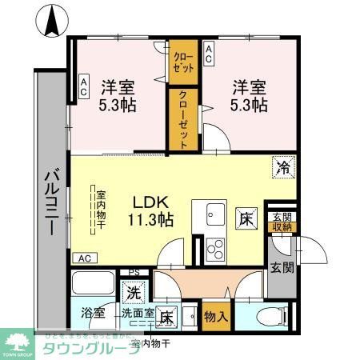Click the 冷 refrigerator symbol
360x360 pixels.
coord(283,167)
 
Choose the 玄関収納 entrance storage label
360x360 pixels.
coord(281,222)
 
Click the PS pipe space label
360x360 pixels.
coord(134,273)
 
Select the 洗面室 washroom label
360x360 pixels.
coord(137,314)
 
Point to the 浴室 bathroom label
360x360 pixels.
coord(93,314)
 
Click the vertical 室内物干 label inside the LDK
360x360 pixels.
coord(102,209)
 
